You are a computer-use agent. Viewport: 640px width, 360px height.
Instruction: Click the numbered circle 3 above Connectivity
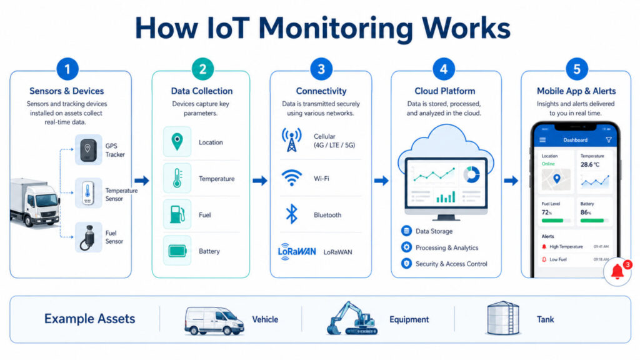(x=321, y=69)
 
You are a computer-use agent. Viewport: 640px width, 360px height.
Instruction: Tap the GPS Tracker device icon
(x=88, y=149)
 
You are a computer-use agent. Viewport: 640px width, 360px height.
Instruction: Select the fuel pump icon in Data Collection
(x=177, y=214)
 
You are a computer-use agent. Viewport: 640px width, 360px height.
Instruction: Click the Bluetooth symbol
(x=291, y=214)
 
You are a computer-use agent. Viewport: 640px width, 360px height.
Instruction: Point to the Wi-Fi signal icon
(x=291, y=178)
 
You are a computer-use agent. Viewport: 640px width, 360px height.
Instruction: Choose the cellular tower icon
(x=291, y=141)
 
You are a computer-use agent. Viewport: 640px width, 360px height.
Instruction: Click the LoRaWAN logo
(x=296, y=251)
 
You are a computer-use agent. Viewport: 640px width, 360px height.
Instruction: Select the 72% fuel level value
(x=547, y=213)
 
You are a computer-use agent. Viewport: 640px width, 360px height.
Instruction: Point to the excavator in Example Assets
(x=352, y=319)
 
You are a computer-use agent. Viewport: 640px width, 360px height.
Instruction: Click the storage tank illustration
(x=503, y=318)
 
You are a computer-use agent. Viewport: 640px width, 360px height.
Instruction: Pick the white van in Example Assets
(x=214, y=320)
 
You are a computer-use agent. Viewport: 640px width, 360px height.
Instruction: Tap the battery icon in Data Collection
(x=177, y=251)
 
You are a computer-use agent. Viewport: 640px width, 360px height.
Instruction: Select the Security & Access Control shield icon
(x=406, y=264)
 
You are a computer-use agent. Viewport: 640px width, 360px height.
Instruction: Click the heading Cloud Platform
(x=444, y=91)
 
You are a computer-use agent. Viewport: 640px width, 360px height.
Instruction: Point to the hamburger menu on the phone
(x=542, y=140)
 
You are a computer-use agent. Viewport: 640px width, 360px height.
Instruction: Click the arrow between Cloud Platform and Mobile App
(x=511, y=181)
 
